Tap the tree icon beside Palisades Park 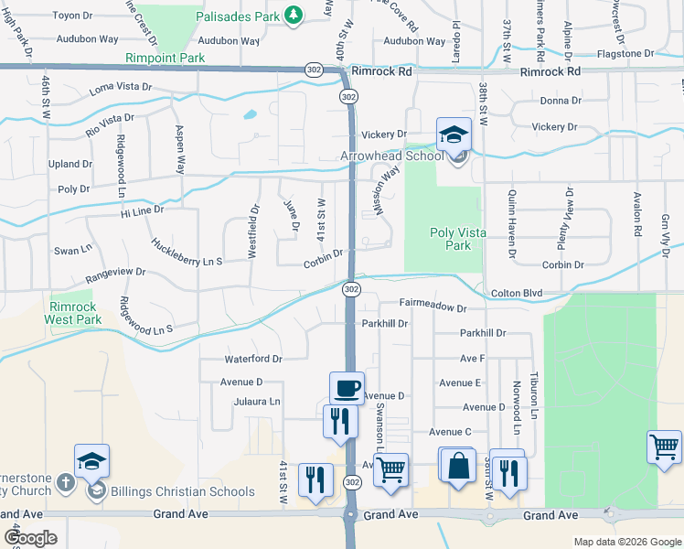[293, 15]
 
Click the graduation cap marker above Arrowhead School [454, 135]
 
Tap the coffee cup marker [347, 388]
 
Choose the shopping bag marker [457, 465]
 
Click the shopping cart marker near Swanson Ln [391, 469]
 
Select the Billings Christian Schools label [183, 491]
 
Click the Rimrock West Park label [73, 314]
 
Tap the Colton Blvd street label [517, 294]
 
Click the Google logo [29, 538]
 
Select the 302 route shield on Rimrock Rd [314, 70]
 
